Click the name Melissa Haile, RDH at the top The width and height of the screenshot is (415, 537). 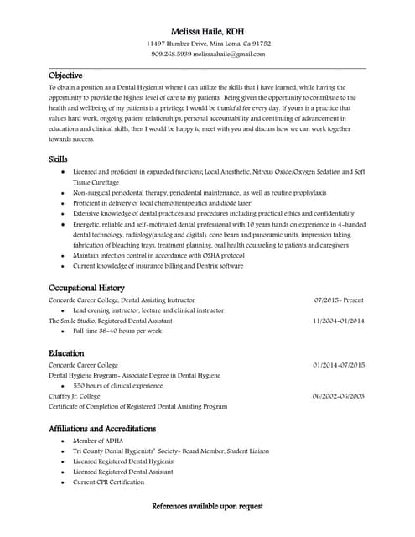click(x=207, y=31)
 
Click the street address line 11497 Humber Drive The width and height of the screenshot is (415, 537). click(x=179, y=43)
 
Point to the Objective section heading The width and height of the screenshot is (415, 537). click(x=65, y=75)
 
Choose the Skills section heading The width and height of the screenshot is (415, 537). click(x=58, y=159)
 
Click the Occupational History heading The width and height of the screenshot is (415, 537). click(x=86, y=287)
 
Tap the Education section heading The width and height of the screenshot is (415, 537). click(x=66, y=353)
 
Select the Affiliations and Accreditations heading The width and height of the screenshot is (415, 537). click(x=102, y=428)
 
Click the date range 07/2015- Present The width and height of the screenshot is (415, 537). click(x=339, y=300)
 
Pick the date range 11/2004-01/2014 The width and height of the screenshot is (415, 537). click(x=339, y=321)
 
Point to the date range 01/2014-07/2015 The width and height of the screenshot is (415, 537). click(x=339, y=365)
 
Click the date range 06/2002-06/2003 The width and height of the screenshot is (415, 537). click(x=339, y=395)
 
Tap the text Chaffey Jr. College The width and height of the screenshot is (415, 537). click(x=75, y=395)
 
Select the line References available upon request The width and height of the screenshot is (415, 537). click(x=207, y=506)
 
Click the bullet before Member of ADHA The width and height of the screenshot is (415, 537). click(x=62, y=441)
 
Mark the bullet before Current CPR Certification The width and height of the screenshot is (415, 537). click(x=62, y=482)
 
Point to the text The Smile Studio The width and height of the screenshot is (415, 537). click(x=70, y=321)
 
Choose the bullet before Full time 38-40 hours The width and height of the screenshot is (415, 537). click(x=62, y=331)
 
